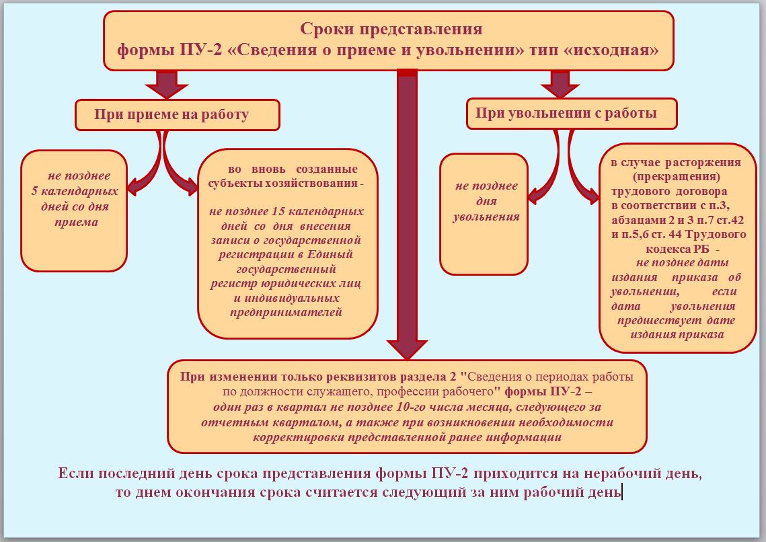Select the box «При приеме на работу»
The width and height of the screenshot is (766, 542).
(178, 115)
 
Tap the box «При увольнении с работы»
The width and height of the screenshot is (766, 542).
(572, 114)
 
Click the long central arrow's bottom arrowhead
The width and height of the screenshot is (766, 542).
(407, 350)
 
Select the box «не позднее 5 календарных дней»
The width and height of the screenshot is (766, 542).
(74, 210)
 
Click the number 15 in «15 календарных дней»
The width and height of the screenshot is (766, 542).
(278, 211)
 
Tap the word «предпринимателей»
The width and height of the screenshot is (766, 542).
(286, 313)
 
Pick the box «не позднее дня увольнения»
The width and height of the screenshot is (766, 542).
(484, 214)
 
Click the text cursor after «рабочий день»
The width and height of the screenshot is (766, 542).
(621, 492)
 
